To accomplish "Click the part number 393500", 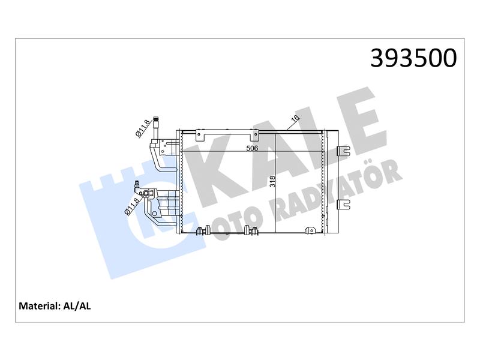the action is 413,58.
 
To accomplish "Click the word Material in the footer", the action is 38,306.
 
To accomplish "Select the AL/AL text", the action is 77,306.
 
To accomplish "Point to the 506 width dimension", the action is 253,148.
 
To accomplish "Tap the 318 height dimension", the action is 272,181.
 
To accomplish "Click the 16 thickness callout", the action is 295,118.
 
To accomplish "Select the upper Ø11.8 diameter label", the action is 143,128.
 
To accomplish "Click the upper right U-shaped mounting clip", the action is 343,151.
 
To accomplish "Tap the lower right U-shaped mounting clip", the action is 343,205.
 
